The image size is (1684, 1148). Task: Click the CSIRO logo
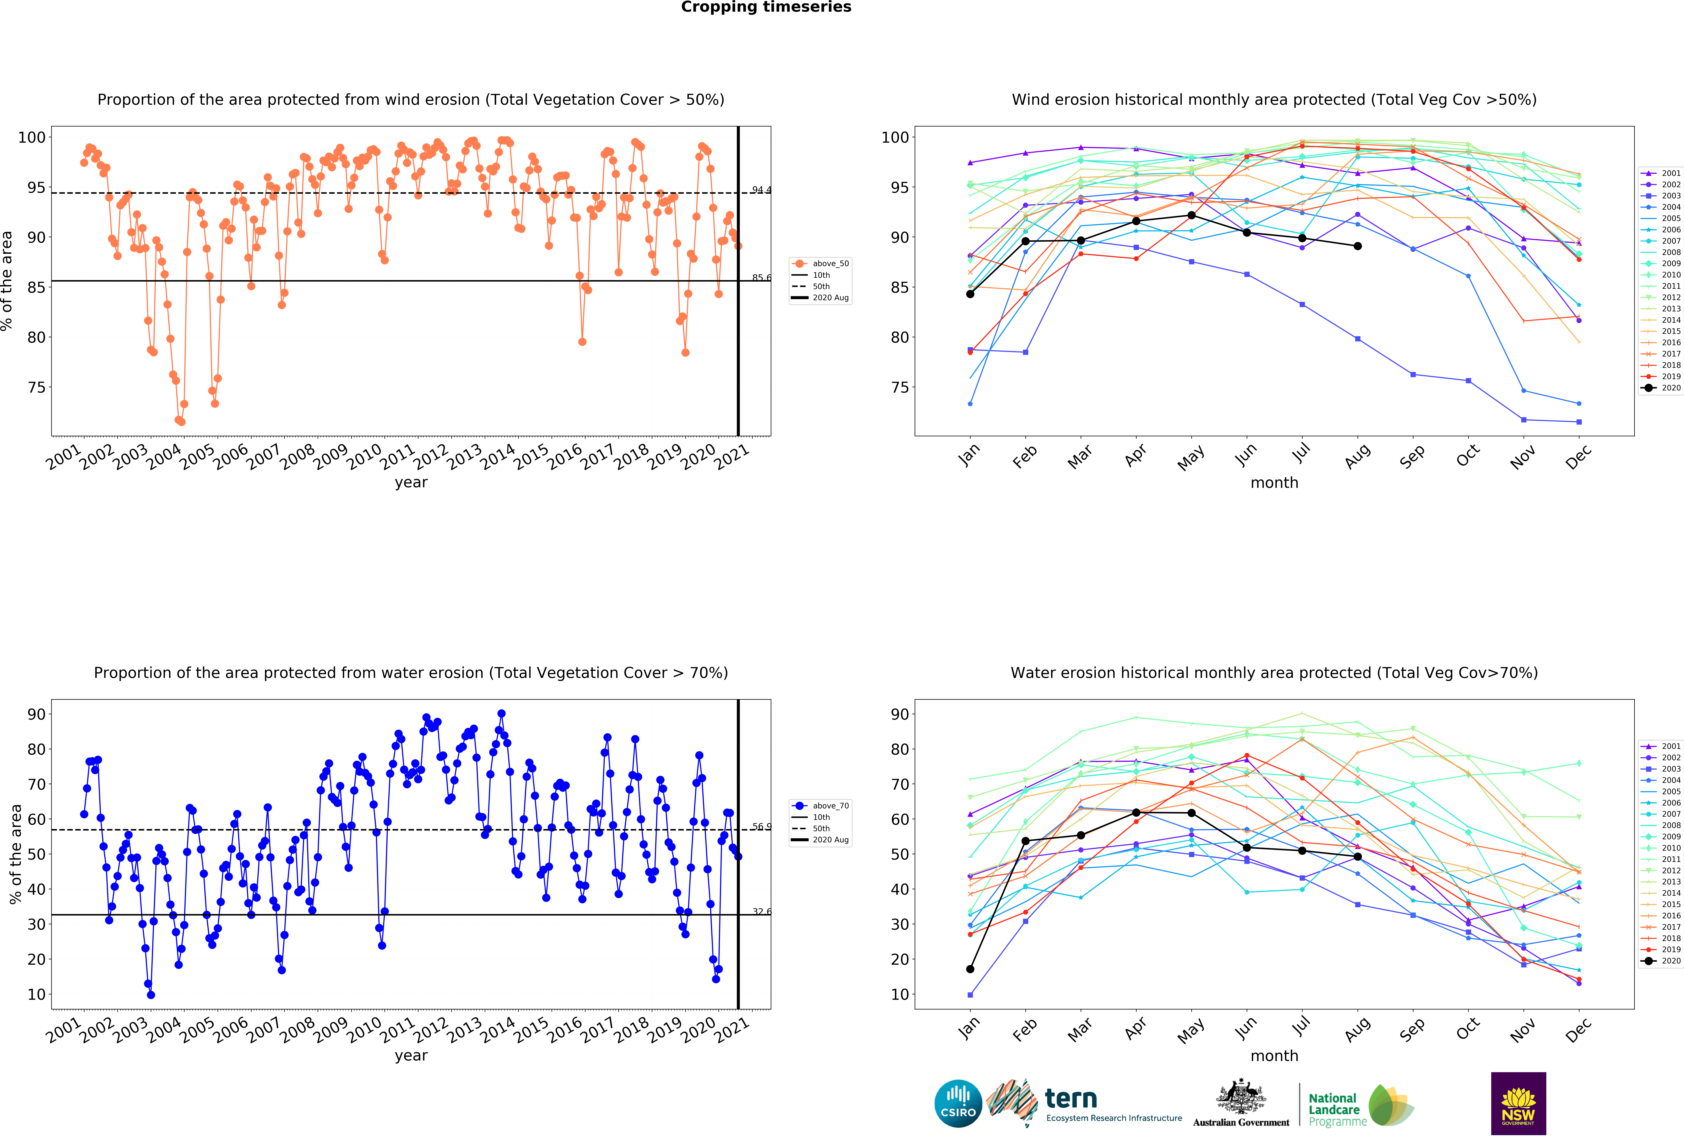tap(958, 1104)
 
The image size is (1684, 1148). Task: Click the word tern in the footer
tap(1071, 1099)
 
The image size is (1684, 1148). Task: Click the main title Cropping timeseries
tap(766, 7)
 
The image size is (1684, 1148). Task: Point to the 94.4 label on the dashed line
tap(761, 190)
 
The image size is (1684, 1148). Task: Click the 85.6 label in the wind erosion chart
tap(761, 278)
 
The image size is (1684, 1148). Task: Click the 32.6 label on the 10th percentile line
tap(761, 912)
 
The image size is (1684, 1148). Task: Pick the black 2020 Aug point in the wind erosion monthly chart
tap(1357, 246)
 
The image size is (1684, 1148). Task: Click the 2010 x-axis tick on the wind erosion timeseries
tap(364, 457)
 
